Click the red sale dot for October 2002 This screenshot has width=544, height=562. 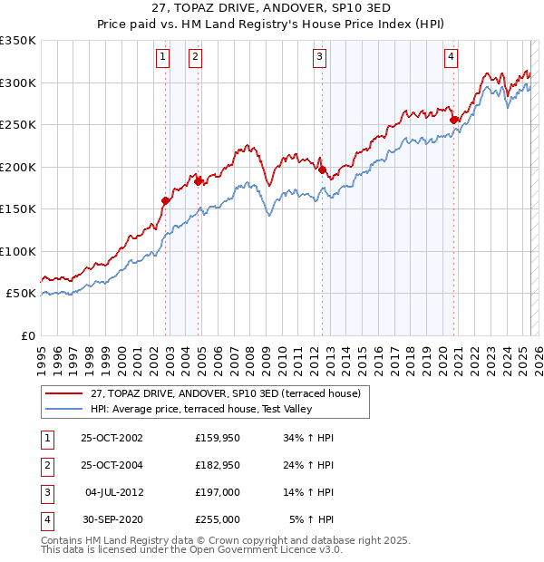(166, 201)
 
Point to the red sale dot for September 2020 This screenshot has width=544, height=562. (454, 120)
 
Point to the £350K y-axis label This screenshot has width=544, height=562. (18, 41)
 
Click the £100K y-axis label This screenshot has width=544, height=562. (18, 251)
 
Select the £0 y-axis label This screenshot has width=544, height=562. (27, 335)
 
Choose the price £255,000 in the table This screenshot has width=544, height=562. (217, 519)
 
